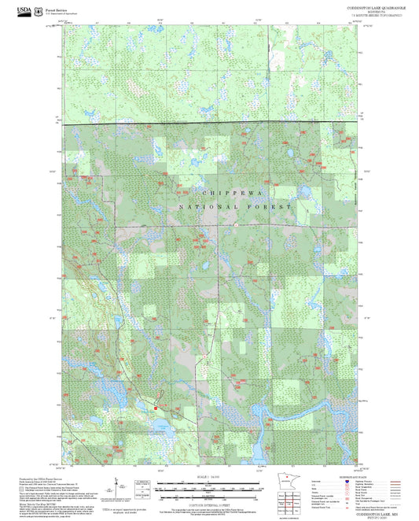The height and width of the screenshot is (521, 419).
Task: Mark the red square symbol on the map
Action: coord(156,408)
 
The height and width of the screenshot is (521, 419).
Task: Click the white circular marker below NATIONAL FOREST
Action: coord(234,224)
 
